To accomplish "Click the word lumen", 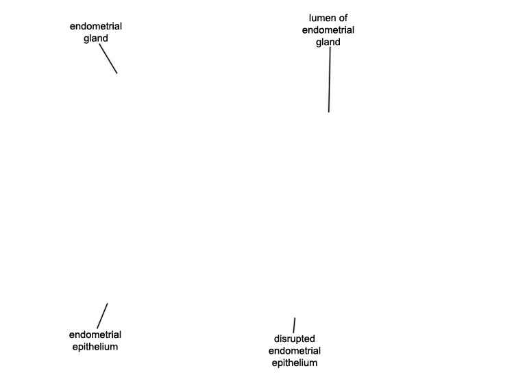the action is point(321,18).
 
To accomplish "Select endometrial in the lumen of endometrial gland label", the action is point(328,30).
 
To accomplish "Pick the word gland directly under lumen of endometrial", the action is point(328,42).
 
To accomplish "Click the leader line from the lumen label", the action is point(330,80).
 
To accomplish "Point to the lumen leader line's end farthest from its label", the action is point(329,112).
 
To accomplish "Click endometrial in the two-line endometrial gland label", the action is point(96,26).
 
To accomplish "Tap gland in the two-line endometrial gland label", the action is point(96,38).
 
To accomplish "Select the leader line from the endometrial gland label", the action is point(108,59).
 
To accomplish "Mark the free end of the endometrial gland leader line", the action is point(117,73).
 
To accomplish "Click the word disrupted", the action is point(295,339).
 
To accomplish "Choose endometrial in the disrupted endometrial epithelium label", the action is point(295,351).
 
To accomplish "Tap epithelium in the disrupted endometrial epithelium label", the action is point(295,363).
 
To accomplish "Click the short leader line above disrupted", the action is point(295,325).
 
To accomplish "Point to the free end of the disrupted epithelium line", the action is point(295,317).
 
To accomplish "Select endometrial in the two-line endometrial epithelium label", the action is point(95,335).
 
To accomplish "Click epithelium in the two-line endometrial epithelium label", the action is point(95,347).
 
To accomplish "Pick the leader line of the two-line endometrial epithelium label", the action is point(102,316).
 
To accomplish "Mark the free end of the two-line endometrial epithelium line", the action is point(108,303).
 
